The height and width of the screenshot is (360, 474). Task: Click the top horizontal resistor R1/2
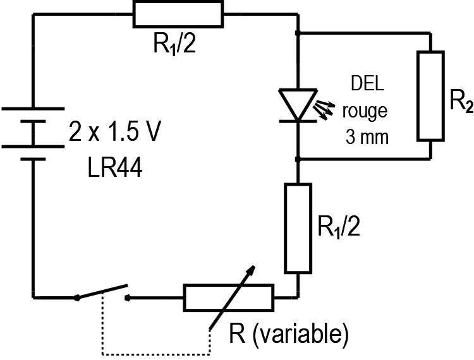[x=178, y=14]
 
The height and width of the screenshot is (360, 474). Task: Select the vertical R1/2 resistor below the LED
[x=298, y=228]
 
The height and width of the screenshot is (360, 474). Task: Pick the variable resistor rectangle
[x=228, y=297]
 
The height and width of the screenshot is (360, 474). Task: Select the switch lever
[x=101, y=292]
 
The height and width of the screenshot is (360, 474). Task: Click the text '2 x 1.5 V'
[x=116, y=134]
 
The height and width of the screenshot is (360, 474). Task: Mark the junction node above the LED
[x=298, y=32]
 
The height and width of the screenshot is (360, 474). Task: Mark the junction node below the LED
[x=298, y=159]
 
